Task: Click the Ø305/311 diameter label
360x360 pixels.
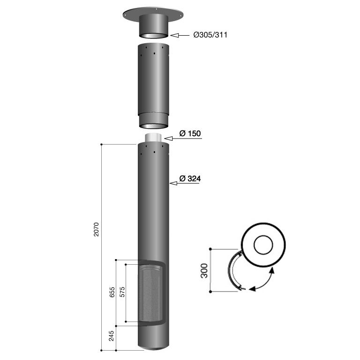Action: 210,35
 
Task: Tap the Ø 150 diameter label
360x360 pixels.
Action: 190,133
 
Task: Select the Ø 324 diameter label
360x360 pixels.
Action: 190,178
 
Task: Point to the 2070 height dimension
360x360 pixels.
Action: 96,229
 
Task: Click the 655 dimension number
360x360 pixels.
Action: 112,292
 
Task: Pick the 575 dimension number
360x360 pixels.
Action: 122,292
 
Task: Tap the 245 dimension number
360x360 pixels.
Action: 111,336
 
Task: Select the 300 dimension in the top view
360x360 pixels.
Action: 204,271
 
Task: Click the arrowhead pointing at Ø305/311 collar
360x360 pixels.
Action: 174,35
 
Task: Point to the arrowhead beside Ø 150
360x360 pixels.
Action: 169,138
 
